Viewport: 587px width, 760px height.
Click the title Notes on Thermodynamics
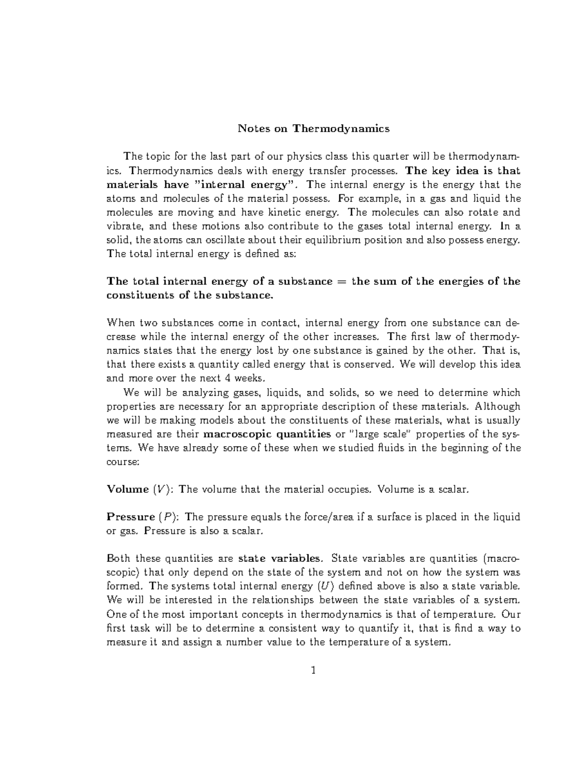point(314,129)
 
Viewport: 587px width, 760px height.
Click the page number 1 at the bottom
point(314,670)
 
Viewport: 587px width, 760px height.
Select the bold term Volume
point(128,489)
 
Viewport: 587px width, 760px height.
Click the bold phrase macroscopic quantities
point(267,434)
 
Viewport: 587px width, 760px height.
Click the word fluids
point(389,448)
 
